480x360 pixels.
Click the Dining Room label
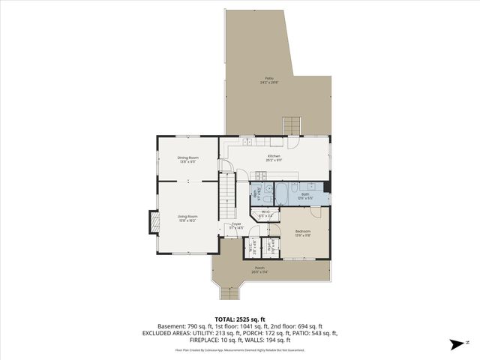point(187,158)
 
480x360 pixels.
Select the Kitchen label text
point(274,157)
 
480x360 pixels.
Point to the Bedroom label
point(303,233)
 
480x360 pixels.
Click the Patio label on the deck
point(268,80)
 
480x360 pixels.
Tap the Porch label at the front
point(259,269)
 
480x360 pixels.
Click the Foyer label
point(235,225)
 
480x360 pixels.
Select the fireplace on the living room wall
point(154,223)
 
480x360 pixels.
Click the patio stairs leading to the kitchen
point(291,124)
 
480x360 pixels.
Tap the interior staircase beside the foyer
point(226,192)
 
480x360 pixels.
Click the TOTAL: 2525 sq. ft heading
point(240,319)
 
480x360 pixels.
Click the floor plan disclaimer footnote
point(240,349)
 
